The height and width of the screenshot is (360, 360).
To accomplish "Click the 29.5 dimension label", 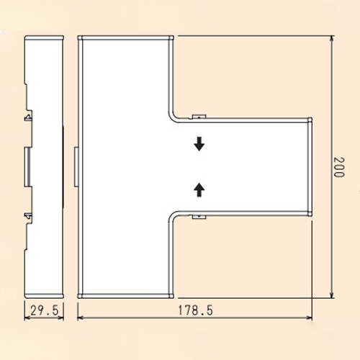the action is pos(45,310).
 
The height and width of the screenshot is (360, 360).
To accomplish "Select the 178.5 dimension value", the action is pos(195,310).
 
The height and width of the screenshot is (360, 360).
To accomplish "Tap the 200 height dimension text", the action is pos(339,167).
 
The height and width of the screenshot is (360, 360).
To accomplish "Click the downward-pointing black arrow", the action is pos(199,144).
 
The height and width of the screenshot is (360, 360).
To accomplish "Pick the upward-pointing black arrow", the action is pos(199,190).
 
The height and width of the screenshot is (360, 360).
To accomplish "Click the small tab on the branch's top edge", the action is pos(199,117).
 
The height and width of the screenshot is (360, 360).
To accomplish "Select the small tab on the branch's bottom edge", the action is pos(199,217).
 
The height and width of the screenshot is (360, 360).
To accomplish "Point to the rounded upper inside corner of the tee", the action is pos(172,118).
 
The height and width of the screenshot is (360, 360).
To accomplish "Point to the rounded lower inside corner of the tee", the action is pos(172,216).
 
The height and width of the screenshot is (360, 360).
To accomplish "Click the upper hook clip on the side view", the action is pos(28,117).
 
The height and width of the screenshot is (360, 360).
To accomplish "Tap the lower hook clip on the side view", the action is pos(28,217).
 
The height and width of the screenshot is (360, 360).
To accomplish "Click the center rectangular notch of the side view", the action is pos(27,167).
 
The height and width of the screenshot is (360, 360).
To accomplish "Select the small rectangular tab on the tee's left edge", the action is pos(76,167).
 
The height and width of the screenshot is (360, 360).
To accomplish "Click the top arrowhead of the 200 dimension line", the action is pos(332,39).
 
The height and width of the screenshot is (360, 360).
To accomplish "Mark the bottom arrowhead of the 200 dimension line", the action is pos(332,295).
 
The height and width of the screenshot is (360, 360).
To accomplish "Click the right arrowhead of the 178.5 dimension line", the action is pos(310,318).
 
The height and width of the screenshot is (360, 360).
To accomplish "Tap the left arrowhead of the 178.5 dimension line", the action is pos(81,318).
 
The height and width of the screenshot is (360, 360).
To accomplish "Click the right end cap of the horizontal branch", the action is pos(310,167).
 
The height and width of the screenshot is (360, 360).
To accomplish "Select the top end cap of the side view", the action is pos(45,38).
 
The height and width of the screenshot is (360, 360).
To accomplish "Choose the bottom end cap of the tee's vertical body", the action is pos(125,296).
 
